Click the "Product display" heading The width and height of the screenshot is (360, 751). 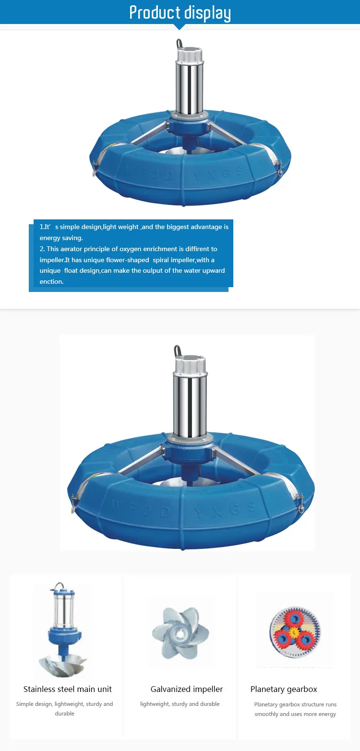pyautogui.click(x=180, y=12)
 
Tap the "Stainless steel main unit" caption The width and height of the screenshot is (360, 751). pyautogui.click(x=68, y=689)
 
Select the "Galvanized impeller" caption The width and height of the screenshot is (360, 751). pyautogui.click(x=187, y=689)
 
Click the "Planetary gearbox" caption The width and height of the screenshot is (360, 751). pyautogui.click(x=284, y=689)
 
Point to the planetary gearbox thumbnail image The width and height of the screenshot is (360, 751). pyautogui.click(x=294, y=630)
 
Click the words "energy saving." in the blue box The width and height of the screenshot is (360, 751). pyautogui.click(x=61, y=238)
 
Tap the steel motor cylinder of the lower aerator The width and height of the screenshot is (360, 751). pyautogui.click(x=190, y=401)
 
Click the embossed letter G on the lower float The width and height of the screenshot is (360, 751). pyautogui.click(x=235, y=509)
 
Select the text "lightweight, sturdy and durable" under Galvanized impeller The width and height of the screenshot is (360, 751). pyautogui.click(x=180, y=704)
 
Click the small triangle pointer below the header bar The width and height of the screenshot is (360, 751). pyautogui.click(x=180, y=27)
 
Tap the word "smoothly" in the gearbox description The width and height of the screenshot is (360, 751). pyautogui.click(x=266, y=714)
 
